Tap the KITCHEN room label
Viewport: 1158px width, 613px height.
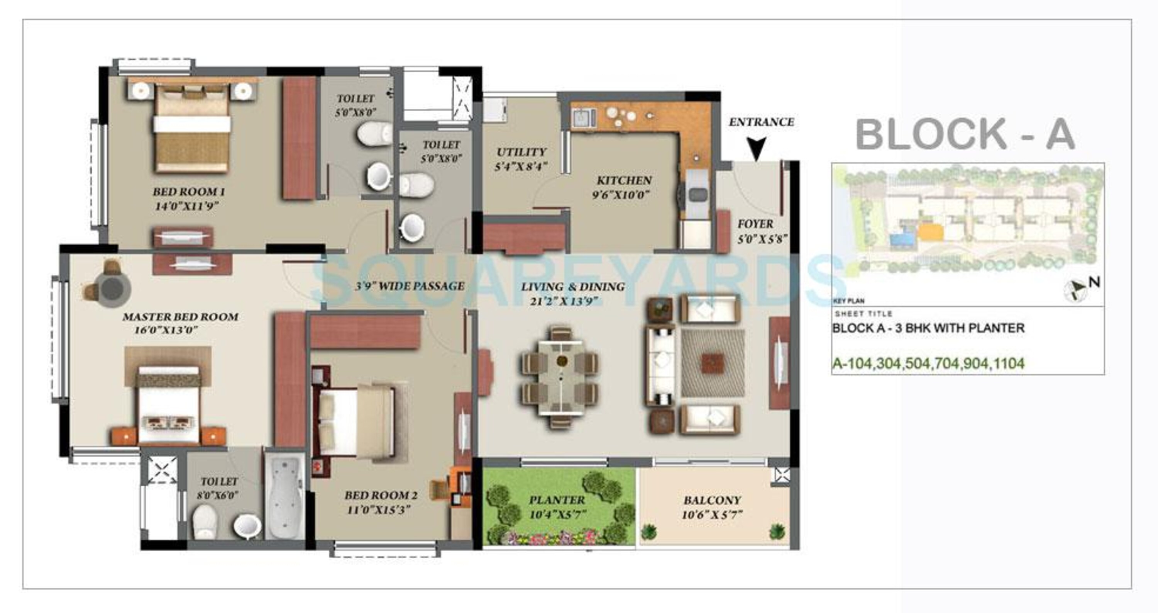pos(624,180)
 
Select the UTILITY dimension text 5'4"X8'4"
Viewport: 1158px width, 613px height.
pos(521,167)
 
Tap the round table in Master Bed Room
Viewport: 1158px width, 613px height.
pos(112,288)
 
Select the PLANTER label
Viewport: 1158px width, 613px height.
pos(557,500)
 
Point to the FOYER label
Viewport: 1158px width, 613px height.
pos(755,224)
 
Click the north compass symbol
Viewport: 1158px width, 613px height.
pos(1076,290)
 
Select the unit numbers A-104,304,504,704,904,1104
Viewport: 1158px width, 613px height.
pos(928,363)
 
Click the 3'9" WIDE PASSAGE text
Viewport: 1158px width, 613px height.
pos(410,286)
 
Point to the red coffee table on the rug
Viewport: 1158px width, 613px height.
pos(713,362)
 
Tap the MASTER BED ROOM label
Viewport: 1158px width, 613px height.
pos(180,317)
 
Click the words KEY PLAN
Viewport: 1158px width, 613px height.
pos(848,301)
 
